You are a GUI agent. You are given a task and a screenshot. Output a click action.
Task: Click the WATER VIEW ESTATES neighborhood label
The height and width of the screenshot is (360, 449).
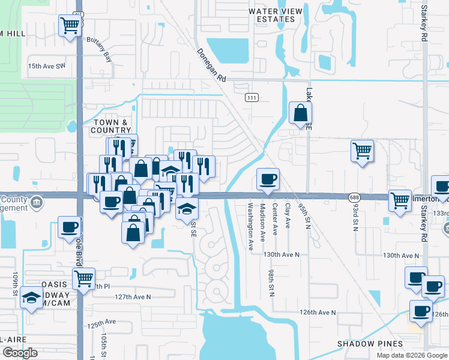[272, 15]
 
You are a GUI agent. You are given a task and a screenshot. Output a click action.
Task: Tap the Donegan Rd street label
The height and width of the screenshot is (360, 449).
[211, 65]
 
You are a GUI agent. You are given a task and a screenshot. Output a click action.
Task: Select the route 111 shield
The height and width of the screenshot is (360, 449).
[252, 97]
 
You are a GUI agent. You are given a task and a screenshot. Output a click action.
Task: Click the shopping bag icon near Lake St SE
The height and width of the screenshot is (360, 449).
[300, 113]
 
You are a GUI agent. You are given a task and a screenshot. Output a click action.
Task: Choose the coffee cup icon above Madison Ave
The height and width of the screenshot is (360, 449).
[268, 178]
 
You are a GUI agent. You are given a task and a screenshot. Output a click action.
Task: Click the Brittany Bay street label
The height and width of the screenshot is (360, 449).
[100, 58]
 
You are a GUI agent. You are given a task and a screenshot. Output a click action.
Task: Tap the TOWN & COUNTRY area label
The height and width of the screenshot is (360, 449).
[110, 126]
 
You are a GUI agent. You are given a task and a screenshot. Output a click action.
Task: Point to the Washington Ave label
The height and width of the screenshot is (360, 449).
[251, 221]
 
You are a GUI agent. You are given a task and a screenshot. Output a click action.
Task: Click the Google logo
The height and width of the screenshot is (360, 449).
[20, 353]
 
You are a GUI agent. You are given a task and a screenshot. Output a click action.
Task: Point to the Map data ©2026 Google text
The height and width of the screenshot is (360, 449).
[411, 355]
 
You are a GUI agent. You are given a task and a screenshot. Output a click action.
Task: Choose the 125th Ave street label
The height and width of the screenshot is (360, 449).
[101, 325]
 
